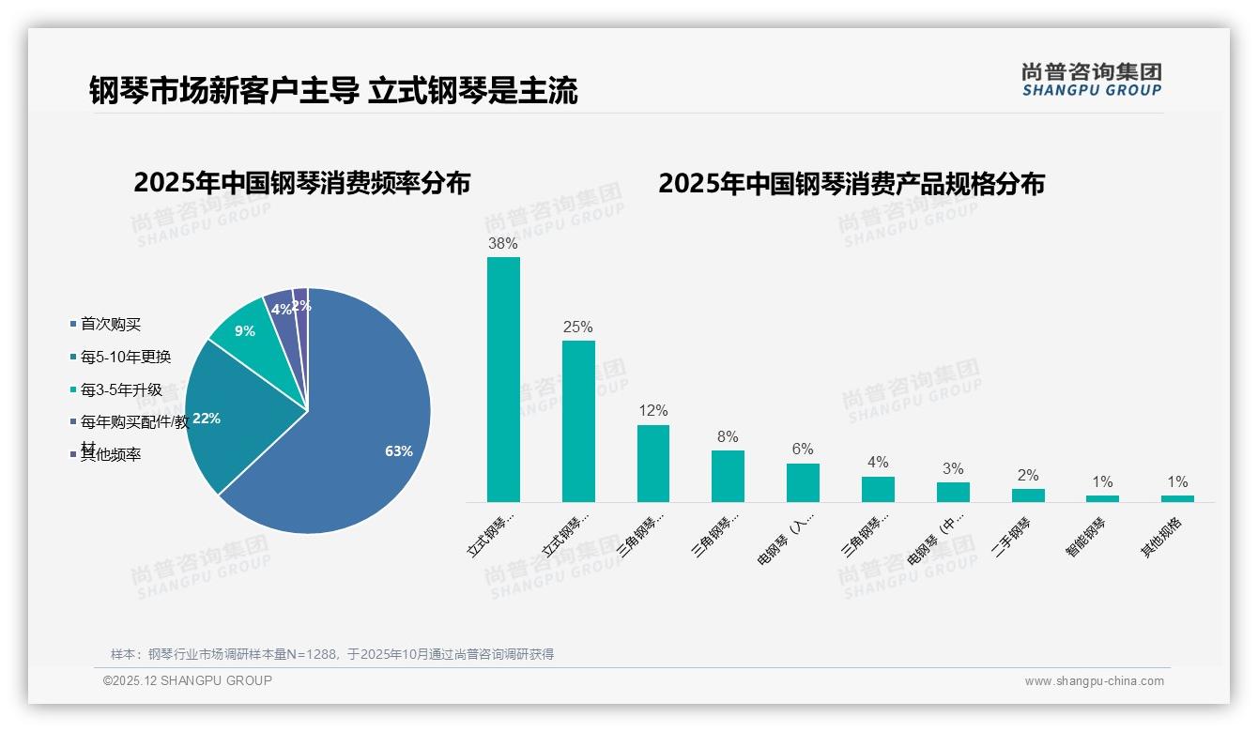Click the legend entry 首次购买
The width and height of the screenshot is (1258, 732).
tap(110, 324)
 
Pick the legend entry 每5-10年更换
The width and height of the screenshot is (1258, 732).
tap(125, 357)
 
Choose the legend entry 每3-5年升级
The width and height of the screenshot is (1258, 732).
tap(120, 389)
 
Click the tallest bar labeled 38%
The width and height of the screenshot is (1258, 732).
tap(503, 379)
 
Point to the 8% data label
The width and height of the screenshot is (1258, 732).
tap(728, 436)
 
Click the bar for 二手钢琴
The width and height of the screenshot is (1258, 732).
tap(1028, 495)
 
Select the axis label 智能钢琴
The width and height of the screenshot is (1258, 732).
tap(1086, 537)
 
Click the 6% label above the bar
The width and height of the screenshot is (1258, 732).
tap(803, 450)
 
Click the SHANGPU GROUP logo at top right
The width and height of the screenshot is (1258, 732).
tap(1092, 80)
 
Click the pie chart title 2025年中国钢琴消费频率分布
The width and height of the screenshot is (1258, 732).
tap(301, 183)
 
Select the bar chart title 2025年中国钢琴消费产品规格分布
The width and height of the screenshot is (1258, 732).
tap(851, 183)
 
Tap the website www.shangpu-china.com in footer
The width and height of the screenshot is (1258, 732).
tap(1094, 681)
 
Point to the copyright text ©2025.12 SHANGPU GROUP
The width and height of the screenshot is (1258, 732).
tap(188, 680)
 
